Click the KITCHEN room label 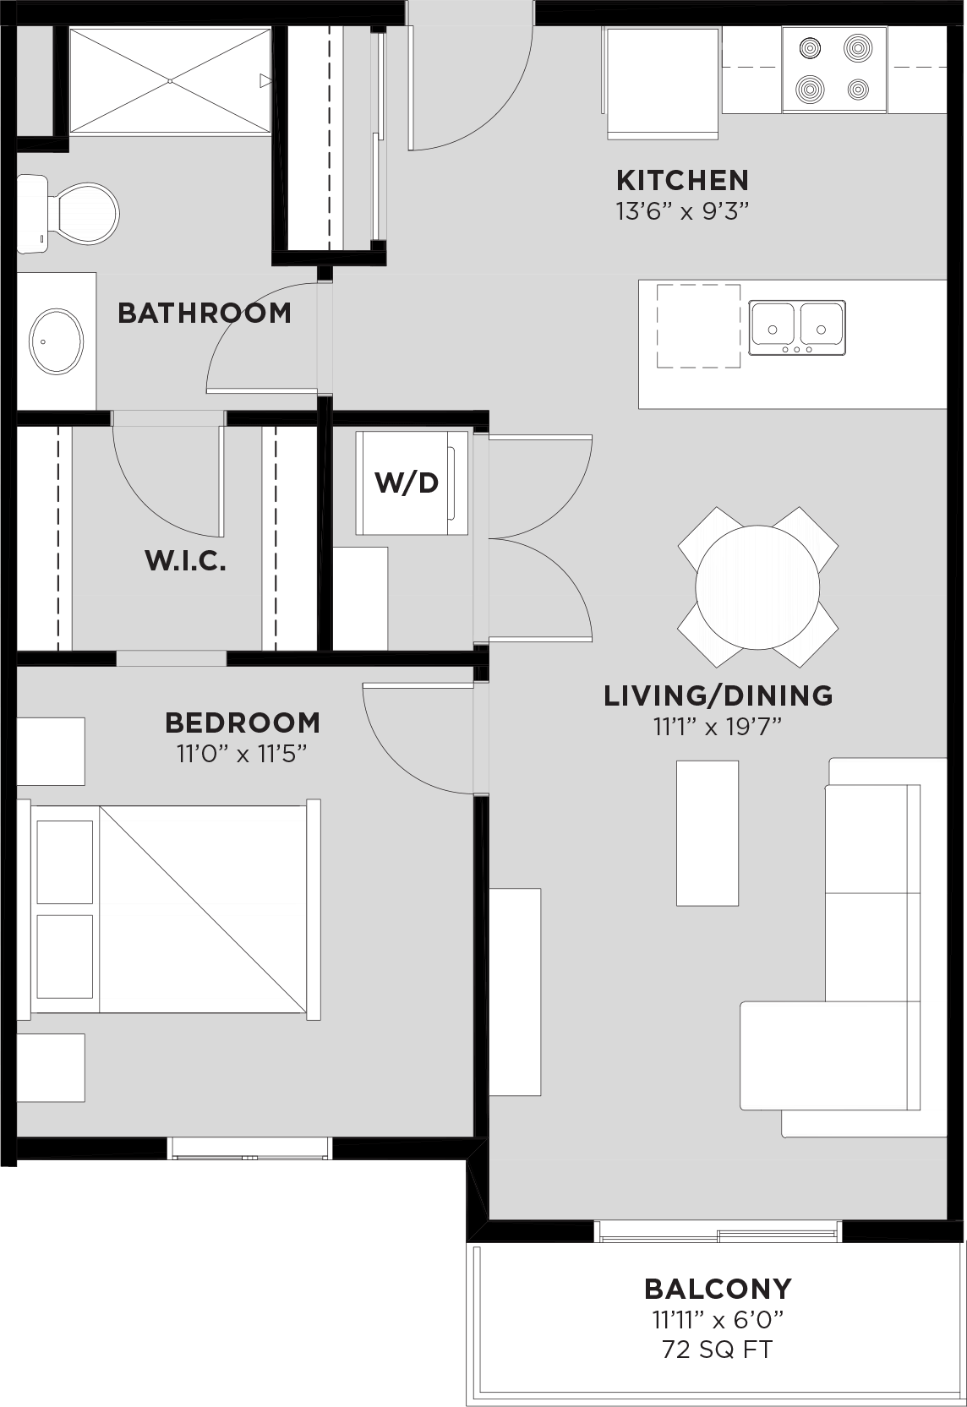click(x=682, y=180)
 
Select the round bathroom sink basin click(x=57, y=341)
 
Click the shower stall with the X click(x=169, y=80)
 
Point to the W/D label click(x=407, y=483)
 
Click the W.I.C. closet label click(x=186, y=560)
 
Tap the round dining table click(x=757, y=586)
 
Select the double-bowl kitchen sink click(x=796, y=327)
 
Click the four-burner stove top click(x=833, y=68)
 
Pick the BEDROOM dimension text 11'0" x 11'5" click(x=241, y=753)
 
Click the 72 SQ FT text click(x=717, y=1350)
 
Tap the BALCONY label click(x=718, y=1289)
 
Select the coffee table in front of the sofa click(x=707, y=832)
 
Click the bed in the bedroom click(x=173, y=908)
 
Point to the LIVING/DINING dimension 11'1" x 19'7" click(x=718, y=726)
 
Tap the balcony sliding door click(x=718, y=1232)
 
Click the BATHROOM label click(x=204, y=313)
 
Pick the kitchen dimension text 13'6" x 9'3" click(x=682, y=210)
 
